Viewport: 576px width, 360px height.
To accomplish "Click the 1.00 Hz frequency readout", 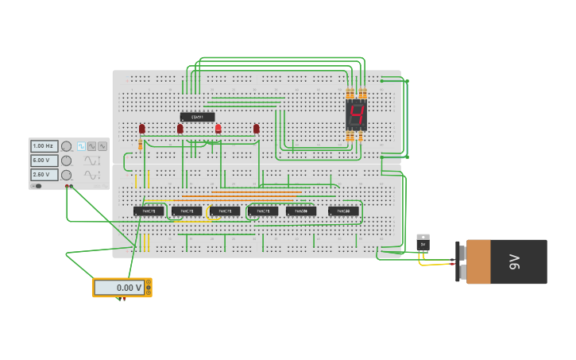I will click(x=44, y=146).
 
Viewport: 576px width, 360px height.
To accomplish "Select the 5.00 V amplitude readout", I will click(x=44, y=161).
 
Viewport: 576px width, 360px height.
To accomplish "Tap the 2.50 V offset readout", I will click(x=44, y=175).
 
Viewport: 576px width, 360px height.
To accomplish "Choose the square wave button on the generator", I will click(x=81, y=146).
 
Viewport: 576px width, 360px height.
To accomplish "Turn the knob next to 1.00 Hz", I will click(x=67, y=146).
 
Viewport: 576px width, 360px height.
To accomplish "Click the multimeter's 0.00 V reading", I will click(x=121, y=288).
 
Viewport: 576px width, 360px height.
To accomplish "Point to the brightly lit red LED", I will click(x=218, y=128).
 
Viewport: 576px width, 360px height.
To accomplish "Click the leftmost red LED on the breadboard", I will click(x=142, y=128).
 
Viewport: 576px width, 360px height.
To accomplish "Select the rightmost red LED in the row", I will click(x=256, y=128).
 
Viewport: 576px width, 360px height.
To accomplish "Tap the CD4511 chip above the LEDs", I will click(x=197, y=117).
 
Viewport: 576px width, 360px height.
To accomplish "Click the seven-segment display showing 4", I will click(x=356, y=115).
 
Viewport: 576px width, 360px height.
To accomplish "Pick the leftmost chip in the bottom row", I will click(x=149, y=211).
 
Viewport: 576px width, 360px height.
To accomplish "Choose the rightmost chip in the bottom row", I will click(x=343, y=211).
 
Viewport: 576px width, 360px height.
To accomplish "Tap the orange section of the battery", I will click(x=478, y=261).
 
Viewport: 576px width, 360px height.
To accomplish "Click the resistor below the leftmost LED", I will click(x=141, y=145).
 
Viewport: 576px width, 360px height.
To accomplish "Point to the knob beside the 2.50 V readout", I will click(x=67, y=175).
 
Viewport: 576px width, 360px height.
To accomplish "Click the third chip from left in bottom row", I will click(x=225, y=211).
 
